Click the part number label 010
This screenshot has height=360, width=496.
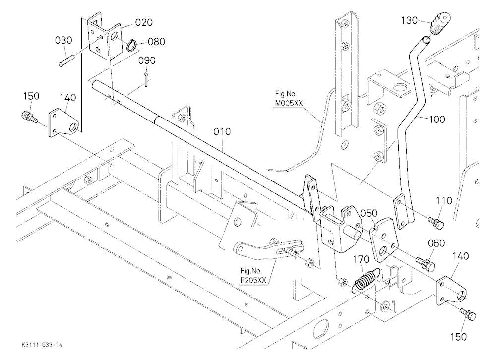[x=222, y=131]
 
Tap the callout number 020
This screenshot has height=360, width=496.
[x=144, y=22]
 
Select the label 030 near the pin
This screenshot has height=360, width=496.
[x=63, y=40]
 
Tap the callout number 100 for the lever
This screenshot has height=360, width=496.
[x=437, y=120]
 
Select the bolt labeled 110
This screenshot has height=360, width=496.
[x=436, y=223]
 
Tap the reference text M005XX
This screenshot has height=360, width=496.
[x=288, y=103]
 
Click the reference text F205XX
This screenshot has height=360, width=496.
[x=253, y=280]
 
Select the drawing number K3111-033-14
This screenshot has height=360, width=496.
[x=42, y=345]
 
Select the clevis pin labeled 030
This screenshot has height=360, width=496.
[x=66, y=60]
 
